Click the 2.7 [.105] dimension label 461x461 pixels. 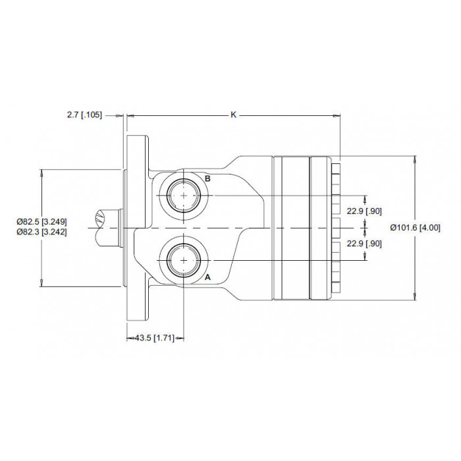[x=85, y=115]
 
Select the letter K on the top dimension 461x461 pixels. [x=233, y=115]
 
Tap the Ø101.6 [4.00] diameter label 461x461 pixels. [x=416, y=228]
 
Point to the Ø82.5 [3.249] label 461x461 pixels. [x=41, y=221]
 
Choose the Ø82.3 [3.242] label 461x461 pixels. [x=41, y=232]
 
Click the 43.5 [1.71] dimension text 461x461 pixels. [x=155, y=338]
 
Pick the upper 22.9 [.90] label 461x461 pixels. [x=364, y=211]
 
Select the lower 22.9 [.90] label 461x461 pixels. [x=364, y=244]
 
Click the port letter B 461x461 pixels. [x=207, y=178]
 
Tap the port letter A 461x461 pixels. [x=207, y=277]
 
